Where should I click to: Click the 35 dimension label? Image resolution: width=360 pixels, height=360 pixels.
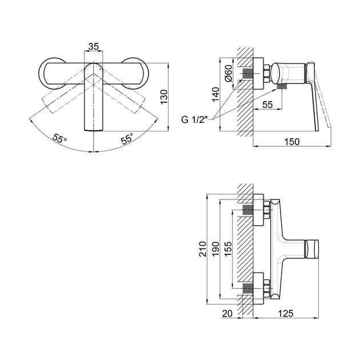tap(94, 46)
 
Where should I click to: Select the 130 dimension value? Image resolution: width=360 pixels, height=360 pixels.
tap(164, 97)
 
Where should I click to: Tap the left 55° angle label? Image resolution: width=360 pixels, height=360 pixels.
tap(59, 138)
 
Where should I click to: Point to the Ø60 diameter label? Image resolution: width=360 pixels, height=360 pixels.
tap(229, 73)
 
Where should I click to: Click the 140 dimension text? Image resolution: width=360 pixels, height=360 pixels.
tap(215, 94)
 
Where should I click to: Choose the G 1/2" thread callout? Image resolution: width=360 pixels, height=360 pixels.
tap(194, 119)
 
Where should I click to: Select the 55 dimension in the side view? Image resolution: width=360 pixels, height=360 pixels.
tap(267, 105)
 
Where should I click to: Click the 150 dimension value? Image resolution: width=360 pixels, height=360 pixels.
tap(292, 142)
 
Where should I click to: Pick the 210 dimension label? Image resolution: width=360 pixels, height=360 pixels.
tap(203, 249)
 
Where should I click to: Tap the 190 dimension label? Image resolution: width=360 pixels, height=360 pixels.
tap(215, 249)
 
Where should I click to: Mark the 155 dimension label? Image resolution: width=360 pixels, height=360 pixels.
tap(228, 249)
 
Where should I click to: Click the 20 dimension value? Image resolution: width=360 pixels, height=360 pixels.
tap(227, 313)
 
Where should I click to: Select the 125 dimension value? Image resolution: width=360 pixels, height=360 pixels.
tap(286, 313)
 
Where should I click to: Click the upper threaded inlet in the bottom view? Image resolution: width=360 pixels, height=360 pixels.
tap(247, 210)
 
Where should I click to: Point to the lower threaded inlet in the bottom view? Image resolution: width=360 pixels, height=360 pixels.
tap(247, 288)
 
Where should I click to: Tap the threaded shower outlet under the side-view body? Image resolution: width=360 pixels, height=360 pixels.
tap(282, 86)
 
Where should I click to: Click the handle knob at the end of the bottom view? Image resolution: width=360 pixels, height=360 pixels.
tap(312, 249)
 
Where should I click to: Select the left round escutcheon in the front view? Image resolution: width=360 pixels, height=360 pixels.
tap(39, 74)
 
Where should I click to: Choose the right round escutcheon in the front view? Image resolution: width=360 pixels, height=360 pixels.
tap(147, 74)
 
